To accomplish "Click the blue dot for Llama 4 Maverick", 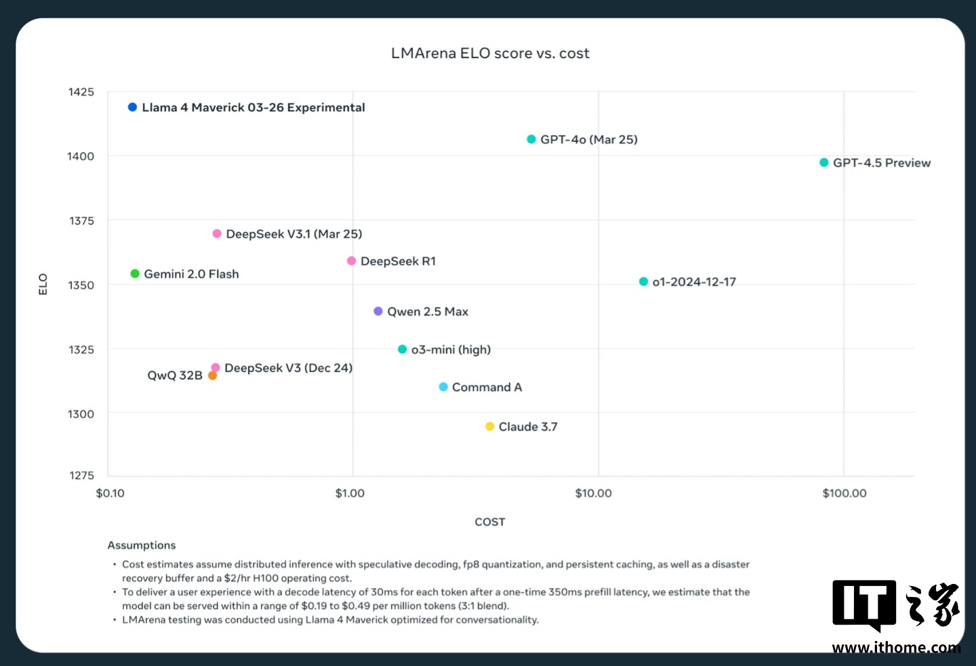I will tap(133, 107).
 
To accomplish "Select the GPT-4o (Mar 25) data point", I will tap(531, 139).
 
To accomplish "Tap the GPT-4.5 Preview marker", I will tap(824, 163).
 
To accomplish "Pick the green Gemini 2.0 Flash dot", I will tap(135, 274).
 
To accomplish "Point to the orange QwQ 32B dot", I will tap(212, 375).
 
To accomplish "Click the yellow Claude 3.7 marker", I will tap(489, 426).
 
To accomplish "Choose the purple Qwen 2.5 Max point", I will tap(378, 311).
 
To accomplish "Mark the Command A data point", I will tap(443, 387).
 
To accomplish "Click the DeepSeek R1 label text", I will tap(398, 261).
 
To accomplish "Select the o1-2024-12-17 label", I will tap(694, 282).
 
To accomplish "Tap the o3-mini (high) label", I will tap(451, 350).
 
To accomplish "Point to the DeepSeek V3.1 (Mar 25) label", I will tap(294, 234).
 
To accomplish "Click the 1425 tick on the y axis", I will tap(81, 92).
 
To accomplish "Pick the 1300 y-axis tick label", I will tap(81, 414).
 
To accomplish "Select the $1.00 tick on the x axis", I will tap(350, 493).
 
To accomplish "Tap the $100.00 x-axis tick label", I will tap(845, 493).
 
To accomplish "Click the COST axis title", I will tap(489, 522).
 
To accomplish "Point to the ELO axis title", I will tap(43, 284).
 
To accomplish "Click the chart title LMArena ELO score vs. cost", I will tap(490, 54).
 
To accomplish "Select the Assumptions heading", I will tap(142, 545).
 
